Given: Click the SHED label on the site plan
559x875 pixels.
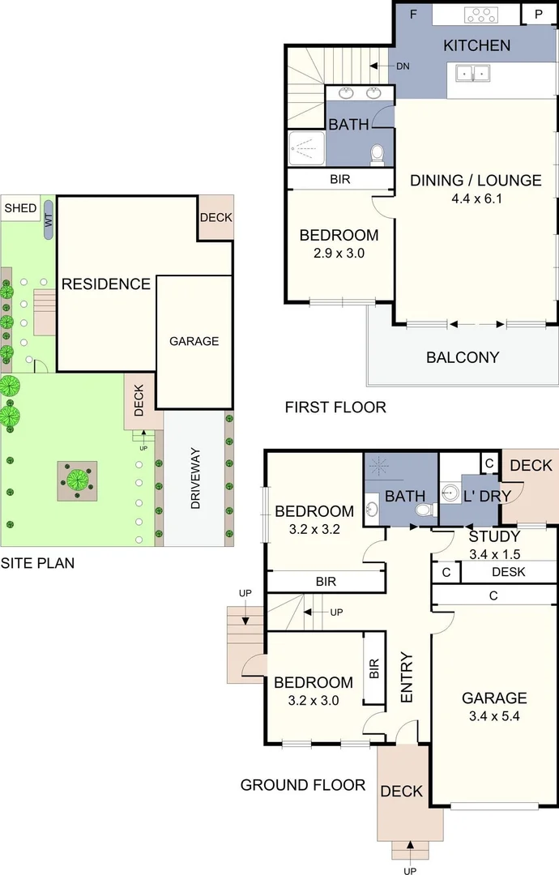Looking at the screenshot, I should click(x=20, y=209).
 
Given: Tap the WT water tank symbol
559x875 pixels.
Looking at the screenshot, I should click(x=49, y=220).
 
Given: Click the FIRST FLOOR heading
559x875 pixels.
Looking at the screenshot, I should click(x=335, y=408).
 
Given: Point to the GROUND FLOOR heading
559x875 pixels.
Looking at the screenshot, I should click(x=302, y=785).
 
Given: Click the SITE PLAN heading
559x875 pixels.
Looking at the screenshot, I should click(x=37, y=562).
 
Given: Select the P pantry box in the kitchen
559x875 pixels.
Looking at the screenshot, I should click(x=538, y=15).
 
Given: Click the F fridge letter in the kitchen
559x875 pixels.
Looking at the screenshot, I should click(x=414, y=14).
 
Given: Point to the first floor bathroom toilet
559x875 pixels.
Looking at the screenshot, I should click(x=377, y=154).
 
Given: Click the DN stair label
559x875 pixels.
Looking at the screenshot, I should click(x=403, y=66).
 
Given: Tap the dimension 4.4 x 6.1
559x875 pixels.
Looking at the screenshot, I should click(x=476, y=198).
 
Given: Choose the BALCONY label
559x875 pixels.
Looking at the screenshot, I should click(x=463, y=357).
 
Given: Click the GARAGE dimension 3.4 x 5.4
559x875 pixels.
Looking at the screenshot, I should click(x=494, y=716).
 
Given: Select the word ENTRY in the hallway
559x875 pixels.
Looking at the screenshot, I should click(x=407, y=677).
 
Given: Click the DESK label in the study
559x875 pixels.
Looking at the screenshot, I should click(x=509, y=572).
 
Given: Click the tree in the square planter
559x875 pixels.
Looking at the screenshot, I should click(x=78, y=478).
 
